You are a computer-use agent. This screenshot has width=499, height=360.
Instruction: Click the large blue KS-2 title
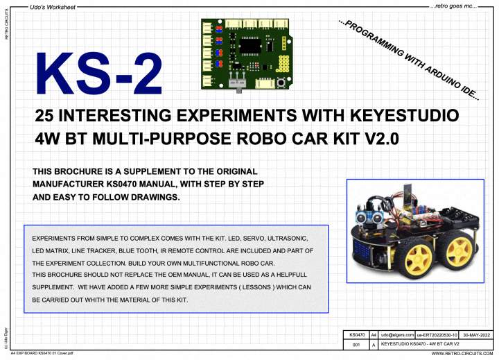(x=99, y=74)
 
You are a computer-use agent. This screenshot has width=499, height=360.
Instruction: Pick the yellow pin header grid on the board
(x=282, y=65)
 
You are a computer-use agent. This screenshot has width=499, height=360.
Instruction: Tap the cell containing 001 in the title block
(x=356, y=345)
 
